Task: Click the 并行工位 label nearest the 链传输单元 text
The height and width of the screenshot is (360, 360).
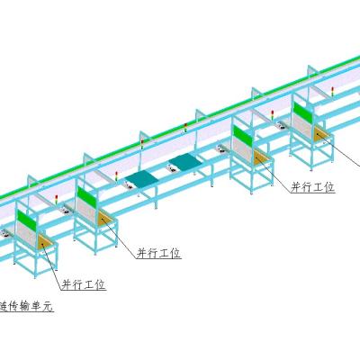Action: click(x=84, y=284)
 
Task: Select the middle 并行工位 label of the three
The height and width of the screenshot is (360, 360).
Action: click(x=158, y=253)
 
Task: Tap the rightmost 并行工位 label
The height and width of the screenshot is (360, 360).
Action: click(x=312, y=187)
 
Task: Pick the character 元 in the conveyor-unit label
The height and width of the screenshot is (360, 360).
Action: click(x=48, y=306)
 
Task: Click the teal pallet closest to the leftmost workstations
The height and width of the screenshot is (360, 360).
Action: click(x=141, y=178)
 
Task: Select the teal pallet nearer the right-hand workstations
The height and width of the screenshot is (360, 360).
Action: click(x=185, y=162)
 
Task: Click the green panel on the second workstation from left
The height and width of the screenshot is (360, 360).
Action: click(x=86, y=196)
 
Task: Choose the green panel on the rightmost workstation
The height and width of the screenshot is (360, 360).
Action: click(x=303, y=112)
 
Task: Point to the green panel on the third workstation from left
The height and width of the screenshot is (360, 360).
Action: click(x=243, y=135)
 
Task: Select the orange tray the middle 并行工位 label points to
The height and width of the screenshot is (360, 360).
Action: click(x=104, y=218)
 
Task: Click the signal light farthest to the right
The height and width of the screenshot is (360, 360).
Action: click(x=332, y=92)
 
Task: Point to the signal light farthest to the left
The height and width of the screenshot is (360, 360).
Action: click(x=57, y=200)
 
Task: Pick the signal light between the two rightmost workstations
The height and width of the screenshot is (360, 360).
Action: click(x=273, y=115)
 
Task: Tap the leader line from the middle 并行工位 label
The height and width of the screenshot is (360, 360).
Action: click(x=118, y=238)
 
